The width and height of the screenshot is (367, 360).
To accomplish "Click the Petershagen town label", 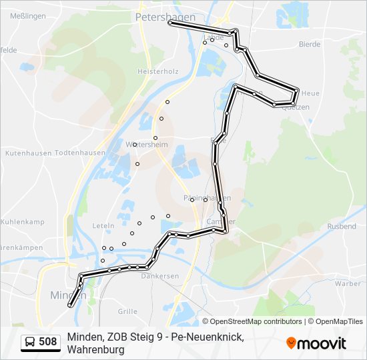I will pyautogui.click(x=165, y=17).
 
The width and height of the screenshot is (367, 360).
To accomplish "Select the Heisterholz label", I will pyautogui.click(x=157, y=71).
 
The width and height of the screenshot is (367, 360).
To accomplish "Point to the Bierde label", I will pyautogui.click(x=310, y=45).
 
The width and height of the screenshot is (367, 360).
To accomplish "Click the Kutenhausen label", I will pyautogui.click(x=23, y=153).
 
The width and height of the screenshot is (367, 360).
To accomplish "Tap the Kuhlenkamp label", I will pyautogui.click(x=22, y=221).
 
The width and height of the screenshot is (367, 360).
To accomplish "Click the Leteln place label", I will pyautogui.click(x=103, y=226).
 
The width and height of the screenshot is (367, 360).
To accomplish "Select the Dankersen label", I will pyautogui.click(x=160, y=275).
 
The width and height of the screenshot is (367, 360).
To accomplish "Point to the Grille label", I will pyautogui.click(x=127, y=311).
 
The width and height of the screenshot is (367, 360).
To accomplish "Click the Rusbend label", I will pyautogui.click(x=342, y=227).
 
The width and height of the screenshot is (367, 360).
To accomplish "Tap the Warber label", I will pyautogui.click(x=348, y=283).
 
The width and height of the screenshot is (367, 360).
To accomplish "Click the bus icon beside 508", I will pyautogui.click(x=30, y=343).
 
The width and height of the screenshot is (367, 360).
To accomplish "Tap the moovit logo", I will pyautogui.click(x=316, y=343).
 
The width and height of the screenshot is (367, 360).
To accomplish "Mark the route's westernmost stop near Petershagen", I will pyautogui.click(x=170, y=23).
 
